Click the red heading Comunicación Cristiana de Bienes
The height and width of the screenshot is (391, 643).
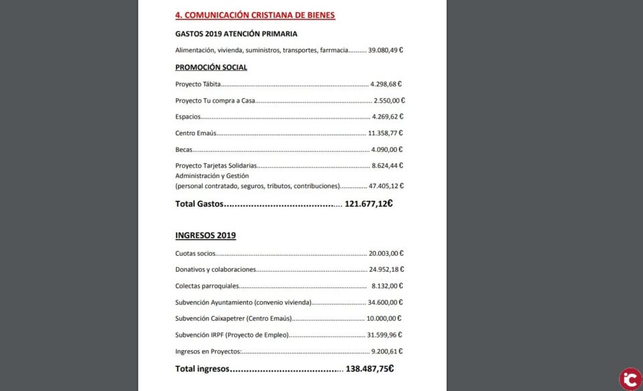point(255,15)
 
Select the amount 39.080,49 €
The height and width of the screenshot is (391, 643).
point(385,50)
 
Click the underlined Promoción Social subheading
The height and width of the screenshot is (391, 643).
point(211,68)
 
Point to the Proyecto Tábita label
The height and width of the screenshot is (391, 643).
point(198,84)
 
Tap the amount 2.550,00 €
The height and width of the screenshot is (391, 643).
point(389,100)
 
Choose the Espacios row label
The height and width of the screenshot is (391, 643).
point(187,116)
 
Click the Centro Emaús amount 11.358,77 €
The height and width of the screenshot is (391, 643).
point(385,133)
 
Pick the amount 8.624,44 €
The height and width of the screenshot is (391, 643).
point(387,165)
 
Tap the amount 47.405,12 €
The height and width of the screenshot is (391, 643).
point(386,186)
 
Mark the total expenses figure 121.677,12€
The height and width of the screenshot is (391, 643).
point(368,204)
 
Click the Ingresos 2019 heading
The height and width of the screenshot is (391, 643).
point(205,236)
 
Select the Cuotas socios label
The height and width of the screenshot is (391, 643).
point(196,253)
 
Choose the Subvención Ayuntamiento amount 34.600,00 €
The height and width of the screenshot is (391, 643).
point(386,302)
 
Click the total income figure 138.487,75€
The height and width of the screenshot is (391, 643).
point(369,368)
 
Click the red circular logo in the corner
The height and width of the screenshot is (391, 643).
point(630,378)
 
